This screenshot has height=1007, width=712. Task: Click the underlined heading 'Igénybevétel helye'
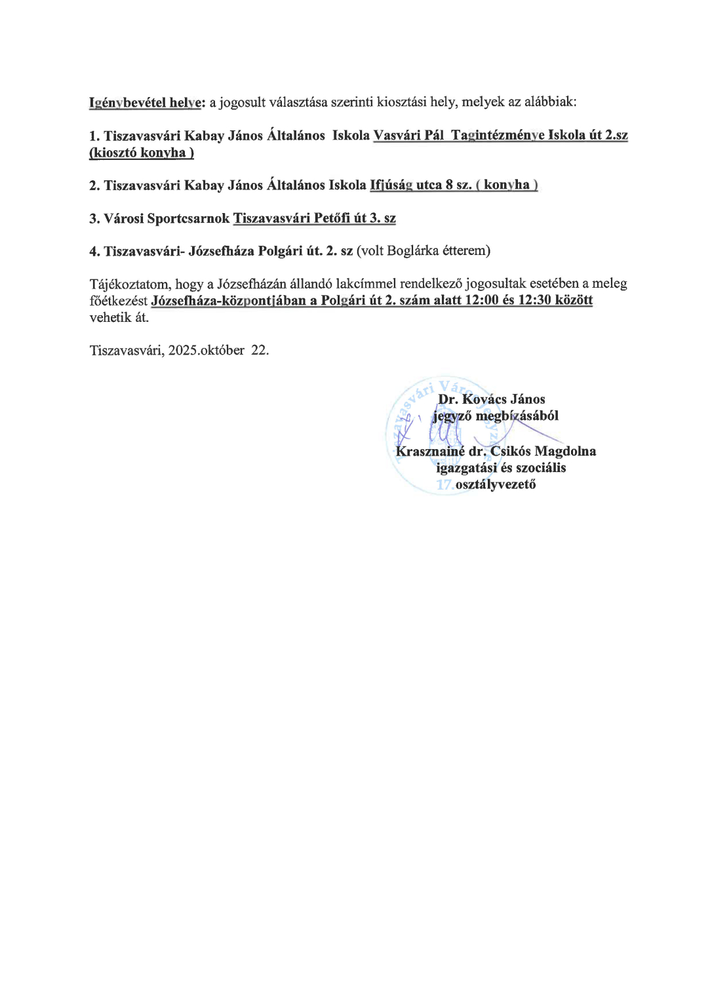(x=145, y=102)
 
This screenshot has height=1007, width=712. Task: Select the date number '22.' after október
(x=260, y=350)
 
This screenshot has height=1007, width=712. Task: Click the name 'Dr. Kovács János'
(x=492, y=399)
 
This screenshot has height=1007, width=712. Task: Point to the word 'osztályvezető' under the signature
(x=496, y=484)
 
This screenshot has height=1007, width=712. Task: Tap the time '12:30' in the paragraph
(x=534, y=300)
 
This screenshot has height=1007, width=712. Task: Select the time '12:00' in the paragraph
(x=481, y=300)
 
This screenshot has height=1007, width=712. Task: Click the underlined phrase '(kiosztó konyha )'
(x=142, y=153)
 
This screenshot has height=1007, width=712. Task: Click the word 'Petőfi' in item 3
(x=332, y=218)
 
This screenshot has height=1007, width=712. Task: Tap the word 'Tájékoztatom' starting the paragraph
(x=129, y=284)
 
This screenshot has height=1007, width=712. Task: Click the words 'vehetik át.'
(x=119, y=317)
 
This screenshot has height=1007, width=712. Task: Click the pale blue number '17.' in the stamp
(x=445, y=484)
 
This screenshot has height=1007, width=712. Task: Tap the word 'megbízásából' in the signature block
(x=517, y=416)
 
